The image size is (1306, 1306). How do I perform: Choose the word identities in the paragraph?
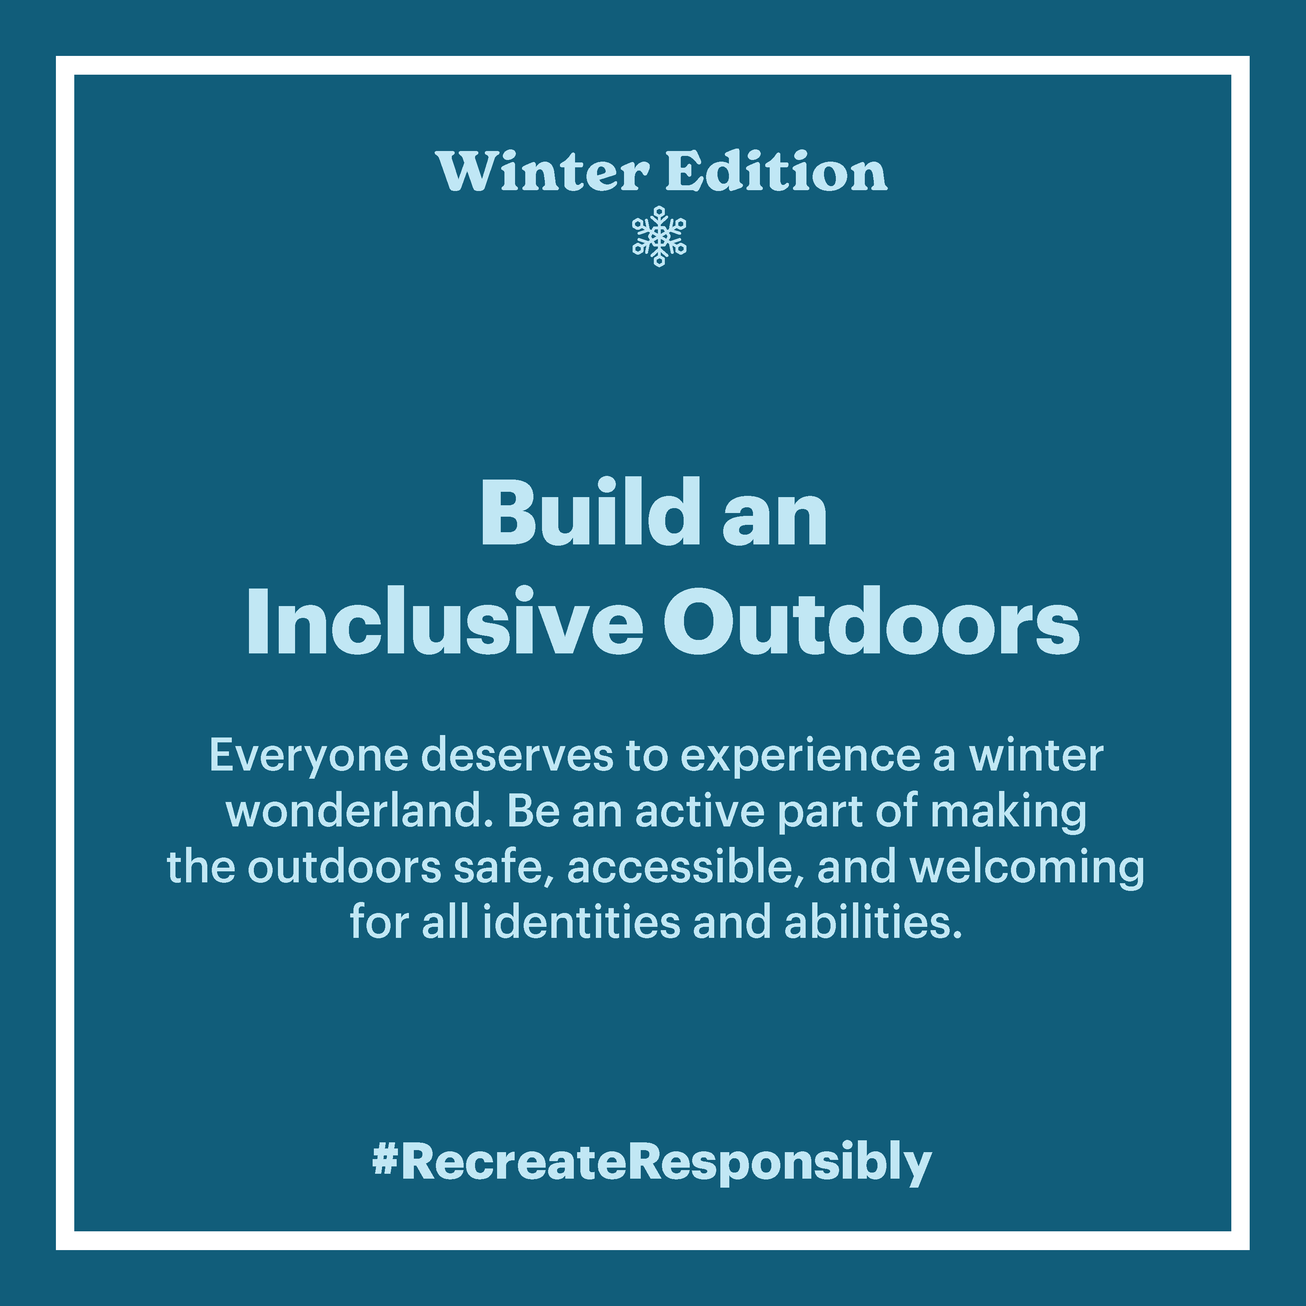[x=581, y=923]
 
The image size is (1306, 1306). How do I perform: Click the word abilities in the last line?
[x=873, y=923]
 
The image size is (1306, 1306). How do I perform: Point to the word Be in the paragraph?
[x=534, y=811]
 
